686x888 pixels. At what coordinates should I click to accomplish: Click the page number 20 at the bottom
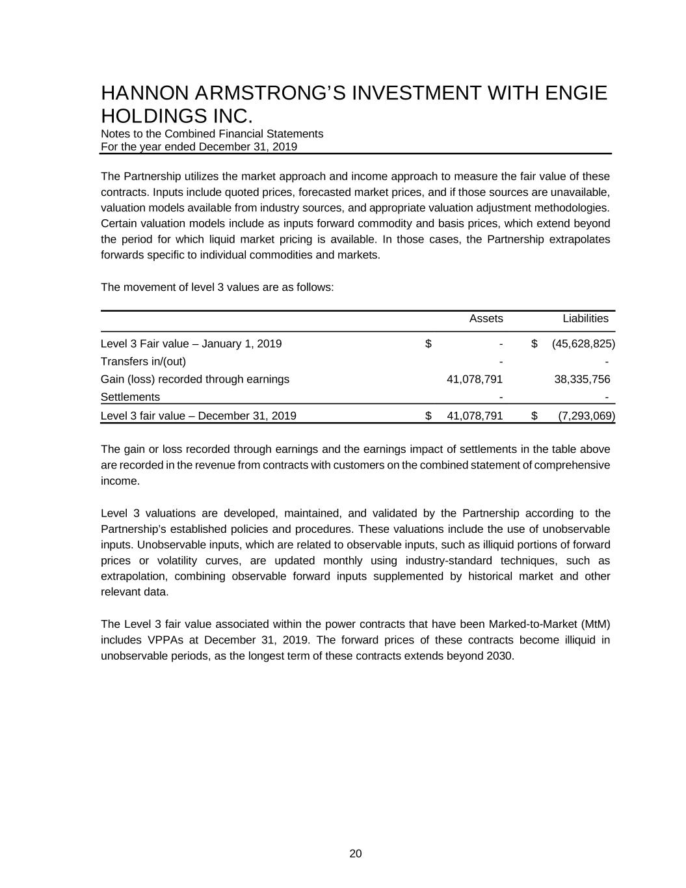(356, 854)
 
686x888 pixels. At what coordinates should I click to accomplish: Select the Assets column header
(486, 319)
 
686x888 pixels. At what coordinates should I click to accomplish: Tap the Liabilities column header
(585, 319)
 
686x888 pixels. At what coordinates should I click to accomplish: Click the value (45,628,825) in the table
(583, 343)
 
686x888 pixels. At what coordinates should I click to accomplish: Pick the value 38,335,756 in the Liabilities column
(582, 379)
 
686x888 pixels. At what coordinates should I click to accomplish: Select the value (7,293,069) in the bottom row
(587, 416)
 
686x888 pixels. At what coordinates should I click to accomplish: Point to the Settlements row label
(130, 397)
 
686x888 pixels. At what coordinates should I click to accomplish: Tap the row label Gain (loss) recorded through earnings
(195, 379)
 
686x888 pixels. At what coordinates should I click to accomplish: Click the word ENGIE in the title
(575, 94)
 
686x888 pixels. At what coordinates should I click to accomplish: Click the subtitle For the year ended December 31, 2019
(199, 147)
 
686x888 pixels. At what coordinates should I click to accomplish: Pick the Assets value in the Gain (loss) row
(475, 379)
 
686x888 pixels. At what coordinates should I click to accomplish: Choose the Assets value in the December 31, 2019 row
(475, 416)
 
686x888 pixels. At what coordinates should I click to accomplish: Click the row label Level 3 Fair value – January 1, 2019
(191, 343)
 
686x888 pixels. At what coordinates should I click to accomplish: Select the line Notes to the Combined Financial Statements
(212, 134)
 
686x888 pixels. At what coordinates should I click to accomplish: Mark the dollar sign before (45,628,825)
(534, 343)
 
